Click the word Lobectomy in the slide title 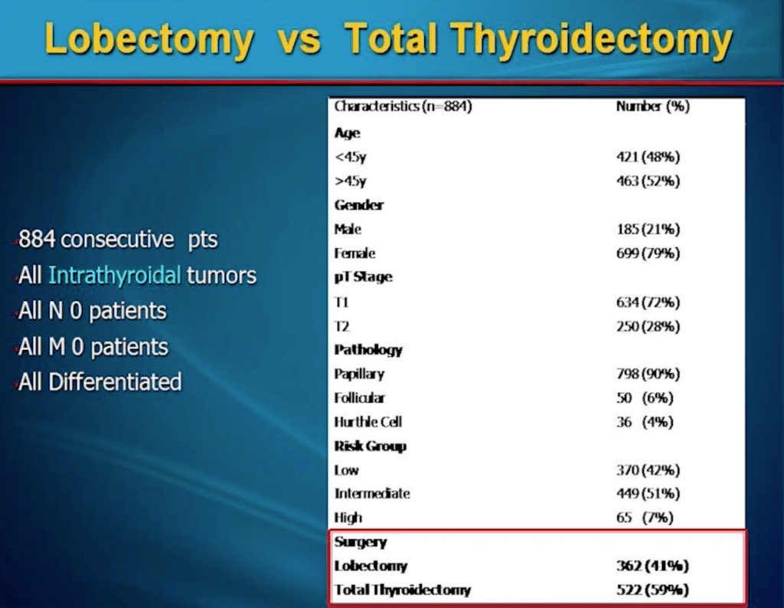click(x=149, y=40)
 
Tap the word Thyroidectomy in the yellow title click(x=592, y=40)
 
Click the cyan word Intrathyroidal click(x=114, y=276)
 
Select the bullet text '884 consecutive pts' click(x=118, y=240)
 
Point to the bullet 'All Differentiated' click(x=100, y=382)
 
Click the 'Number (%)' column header click(x=652, y=106)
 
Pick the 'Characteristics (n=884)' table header click(x=403, y=106)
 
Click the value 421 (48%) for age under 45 click(x=648, y=157)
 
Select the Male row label click(x=348, y=229)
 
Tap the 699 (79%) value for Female click(x=648, y=253)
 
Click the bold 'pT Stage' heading click(x=363, y=277)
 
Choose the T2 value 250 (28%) click(x=648, y=326)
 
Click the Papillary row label click(x=359, y=374)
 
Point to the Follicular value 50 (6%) click(x=645, y=398)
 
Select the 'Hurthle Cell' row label click(x=368, y=422)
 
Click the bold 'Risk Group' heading click(x=370, y=446)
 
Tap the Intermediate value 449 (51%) click(x=648, y=494)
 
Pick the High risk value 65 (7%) click(x=645, y=518)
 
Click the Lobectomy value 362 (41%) click(x=652, y=566)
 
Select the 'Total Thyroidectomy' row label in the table click(x=403, y=590)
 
